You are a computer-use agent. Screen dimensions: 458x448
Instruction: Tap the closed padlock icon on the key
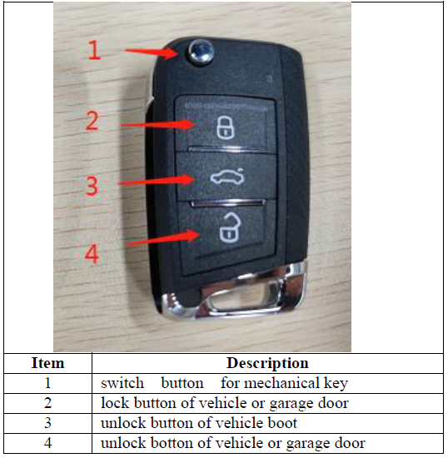(223, 127)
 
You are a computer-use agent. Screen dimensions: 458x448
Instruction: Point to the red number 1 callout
(94, 52)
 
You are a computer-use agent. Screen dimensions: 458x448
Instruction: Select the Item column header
(47, 363)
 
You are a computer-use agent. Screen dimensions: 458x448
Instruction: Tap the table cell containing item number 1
(47, 383)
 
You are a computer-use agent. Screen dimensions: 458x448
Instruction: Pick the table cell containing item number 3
(47, 423)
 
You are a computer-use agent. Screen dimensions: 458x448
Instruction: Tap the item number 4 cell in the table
(47, 443)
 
